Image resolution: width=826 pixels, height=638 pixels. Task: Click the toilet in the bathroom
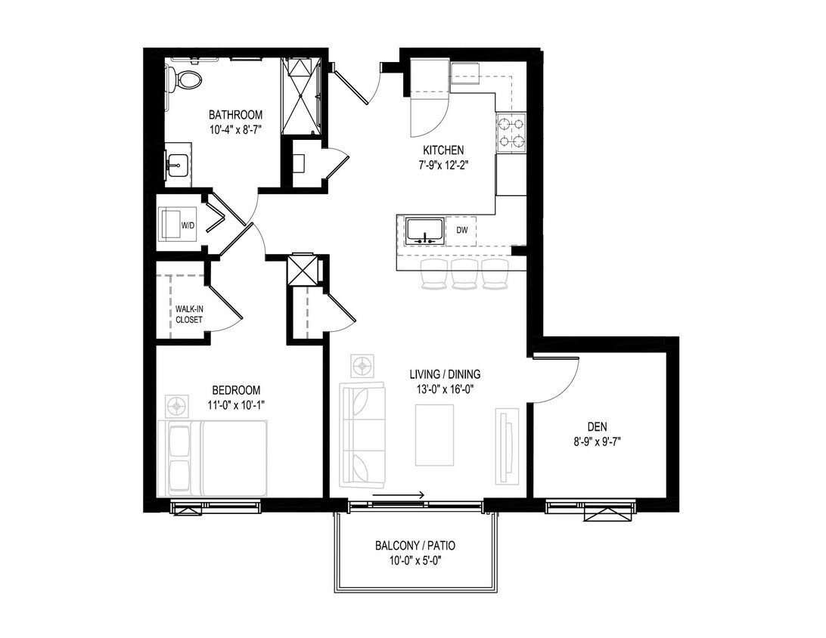point(185,79)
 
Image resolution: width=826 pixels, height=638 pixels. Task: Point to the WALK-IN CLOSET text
point(188,314)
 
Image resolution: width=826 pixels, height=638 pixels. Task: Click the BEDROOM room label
point(236,390)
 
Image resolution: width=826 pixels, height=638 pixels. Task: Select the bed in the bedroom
point(213,458)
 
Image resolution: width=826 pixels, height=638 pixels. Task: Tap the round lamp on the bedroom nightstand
point(178,406)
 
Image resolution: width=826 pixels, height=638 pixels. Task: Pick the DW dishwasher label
point(461,230)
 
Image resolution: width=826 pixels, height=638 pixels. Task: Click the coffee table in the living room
point(434,435)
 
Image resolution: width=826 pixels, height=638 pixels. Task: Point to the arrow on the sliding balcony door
point(399,496)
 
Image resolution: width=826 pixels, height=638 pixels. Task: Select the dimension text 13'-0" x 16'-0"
point(446,389)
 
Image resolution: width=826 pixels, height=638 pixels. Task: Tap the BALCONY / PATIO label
point(415,546)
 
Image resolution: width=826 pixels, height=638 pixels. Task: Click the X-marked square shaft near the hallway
point(301,270)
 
